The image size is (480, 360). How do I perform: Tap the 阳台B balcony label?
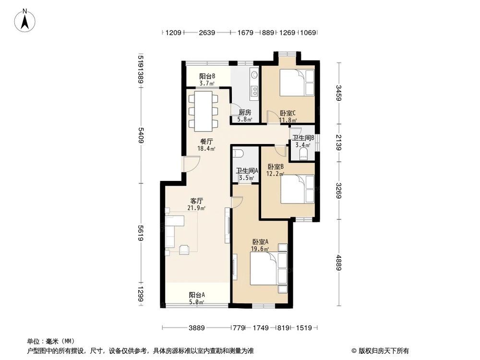click(x=207, y=79)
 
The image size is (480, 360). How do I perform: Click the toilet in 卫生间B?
click(x=303, y=154)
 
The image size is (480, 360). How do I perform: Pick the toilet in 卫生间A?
click(x=238, y=153)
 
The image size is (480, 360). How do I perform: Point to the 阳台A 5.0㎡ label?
click(x=197, y=298)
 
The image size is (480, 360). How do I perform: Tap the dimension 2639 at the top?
click(x=207, y=33)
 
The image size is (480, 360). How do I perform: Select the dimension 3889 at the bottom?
click(x=196, y=328)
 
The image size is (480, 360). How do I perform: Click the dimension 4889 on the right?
click(x=339, y=262)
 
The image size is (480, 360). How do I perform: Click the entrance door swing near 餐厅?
click(x=191, y=166)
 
